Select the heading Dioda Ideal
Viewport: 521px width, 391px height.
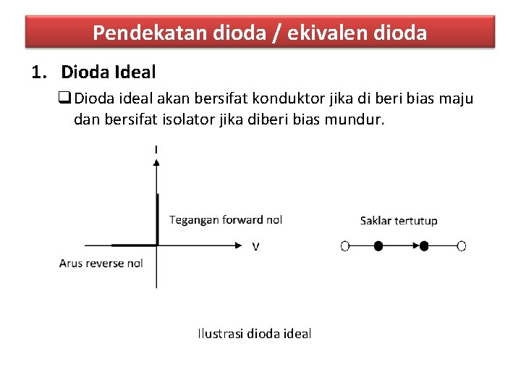coord(109,72)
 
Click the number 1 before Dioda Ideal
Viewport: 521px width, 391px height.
coord(37,72)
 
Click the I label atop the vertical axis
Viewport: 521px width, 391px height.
coord(156,150)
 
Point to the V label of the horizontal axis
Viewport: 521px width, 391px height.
coord(255,247)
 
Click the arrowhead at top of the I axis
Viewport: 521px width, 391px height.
coord(156,161)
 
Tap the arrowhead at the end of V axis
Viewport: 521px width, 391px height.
coord(240,246)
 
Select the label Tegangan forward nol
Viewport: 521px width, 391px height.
coord(225,220)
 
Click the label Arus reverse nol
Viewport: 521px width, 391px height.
coord(101,263)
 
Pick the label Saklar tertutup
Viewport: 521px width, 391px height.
coord(399,221)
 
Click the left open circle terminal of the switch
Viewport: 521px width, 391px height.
coord(345,246)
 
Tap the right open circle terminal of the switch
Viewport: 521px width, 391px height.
coord(462,246)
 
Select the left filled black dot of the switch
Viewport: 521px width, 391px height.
coord(378,246)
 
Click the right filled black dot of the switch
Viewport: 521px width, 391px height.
coord(424,246)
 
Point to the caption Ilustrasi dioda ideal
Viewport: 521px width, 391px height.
coord(254,334)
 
